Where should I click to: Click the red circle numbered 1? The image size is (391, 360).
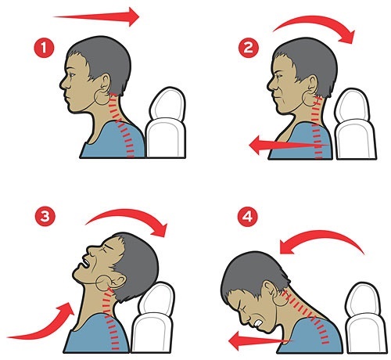[x=44, y=48]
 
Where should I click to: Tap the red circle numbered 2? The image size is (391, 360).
[x=249, y=48]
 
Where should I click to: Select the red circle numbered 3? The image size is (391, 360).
[x=45, y=216]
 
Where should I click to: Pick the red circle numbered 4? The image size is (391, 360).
[x=248, y=216]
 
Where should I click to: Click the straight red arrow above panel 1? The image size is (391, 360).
[x=96, y=17]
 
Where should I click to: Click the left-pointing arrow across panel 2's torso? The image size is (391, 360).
[x=289, y=145]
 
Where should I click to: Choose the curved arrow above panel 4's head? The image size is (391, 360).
[x=322, y=236]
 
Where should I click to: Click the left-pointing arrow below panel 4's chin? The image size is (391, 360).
[x=260, y=340]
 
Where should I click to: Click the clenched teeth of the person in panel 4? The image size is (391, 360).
[x=258, y=324]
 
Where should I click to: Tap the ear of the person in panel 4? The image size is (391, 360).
[x=270, y=287]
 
